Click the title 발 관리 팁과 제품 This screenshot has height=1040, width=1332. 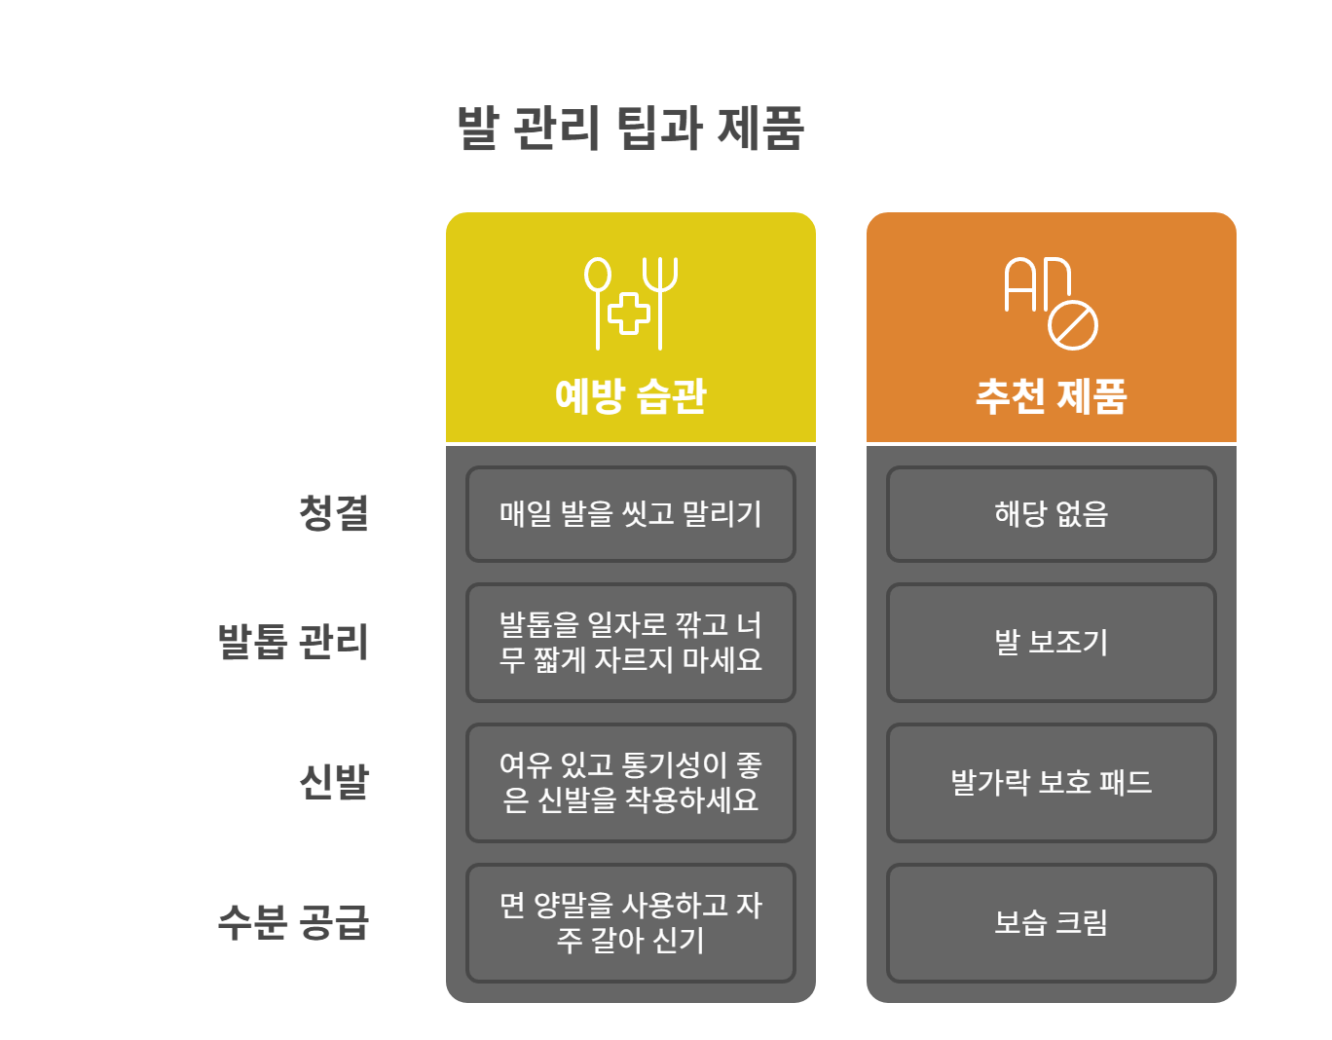tap(630, 129)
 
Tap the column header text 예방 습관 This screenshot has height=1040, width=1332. tap(630, 396)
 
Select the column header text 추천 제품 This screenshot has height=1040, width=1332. tap(1051, 396)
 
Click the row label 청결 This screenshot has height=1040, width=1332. tap(333, 513)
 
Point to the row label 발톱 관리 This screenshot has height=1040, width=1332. tap(292, 642)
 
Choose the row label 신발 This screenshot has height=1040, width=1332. tap(333, 782)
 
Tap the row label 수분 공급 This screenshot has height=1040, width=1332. tap(292, 922)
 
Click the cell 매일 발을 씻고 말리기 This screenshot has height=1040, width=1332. tap(630, 514)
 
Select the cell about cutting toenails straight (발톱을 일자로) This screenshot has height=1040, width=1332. tap(630, 643)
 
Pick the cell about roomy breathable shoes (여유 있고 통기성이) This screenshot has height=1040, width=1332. tap(630, 783)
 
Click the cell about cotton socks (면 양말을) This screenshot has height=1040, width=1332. tap(630, 923)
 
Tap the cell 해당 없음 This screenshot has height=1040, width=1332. tap(1051, 514)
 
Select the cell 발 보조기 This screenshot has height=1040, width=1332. tap(1051, 643)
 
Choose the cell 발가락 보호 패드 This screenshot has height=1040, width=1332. tap(1051, 783)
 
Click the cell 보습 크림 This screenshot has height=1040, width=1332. tap(1051, 923)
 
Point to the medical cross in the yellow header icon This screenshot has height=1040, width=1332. tap(629, 314)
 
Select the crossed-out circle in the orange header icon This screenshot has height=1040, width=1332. tap(1073, 324)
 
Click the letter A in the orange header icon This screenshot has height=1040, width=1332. tap(1019, 284)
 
